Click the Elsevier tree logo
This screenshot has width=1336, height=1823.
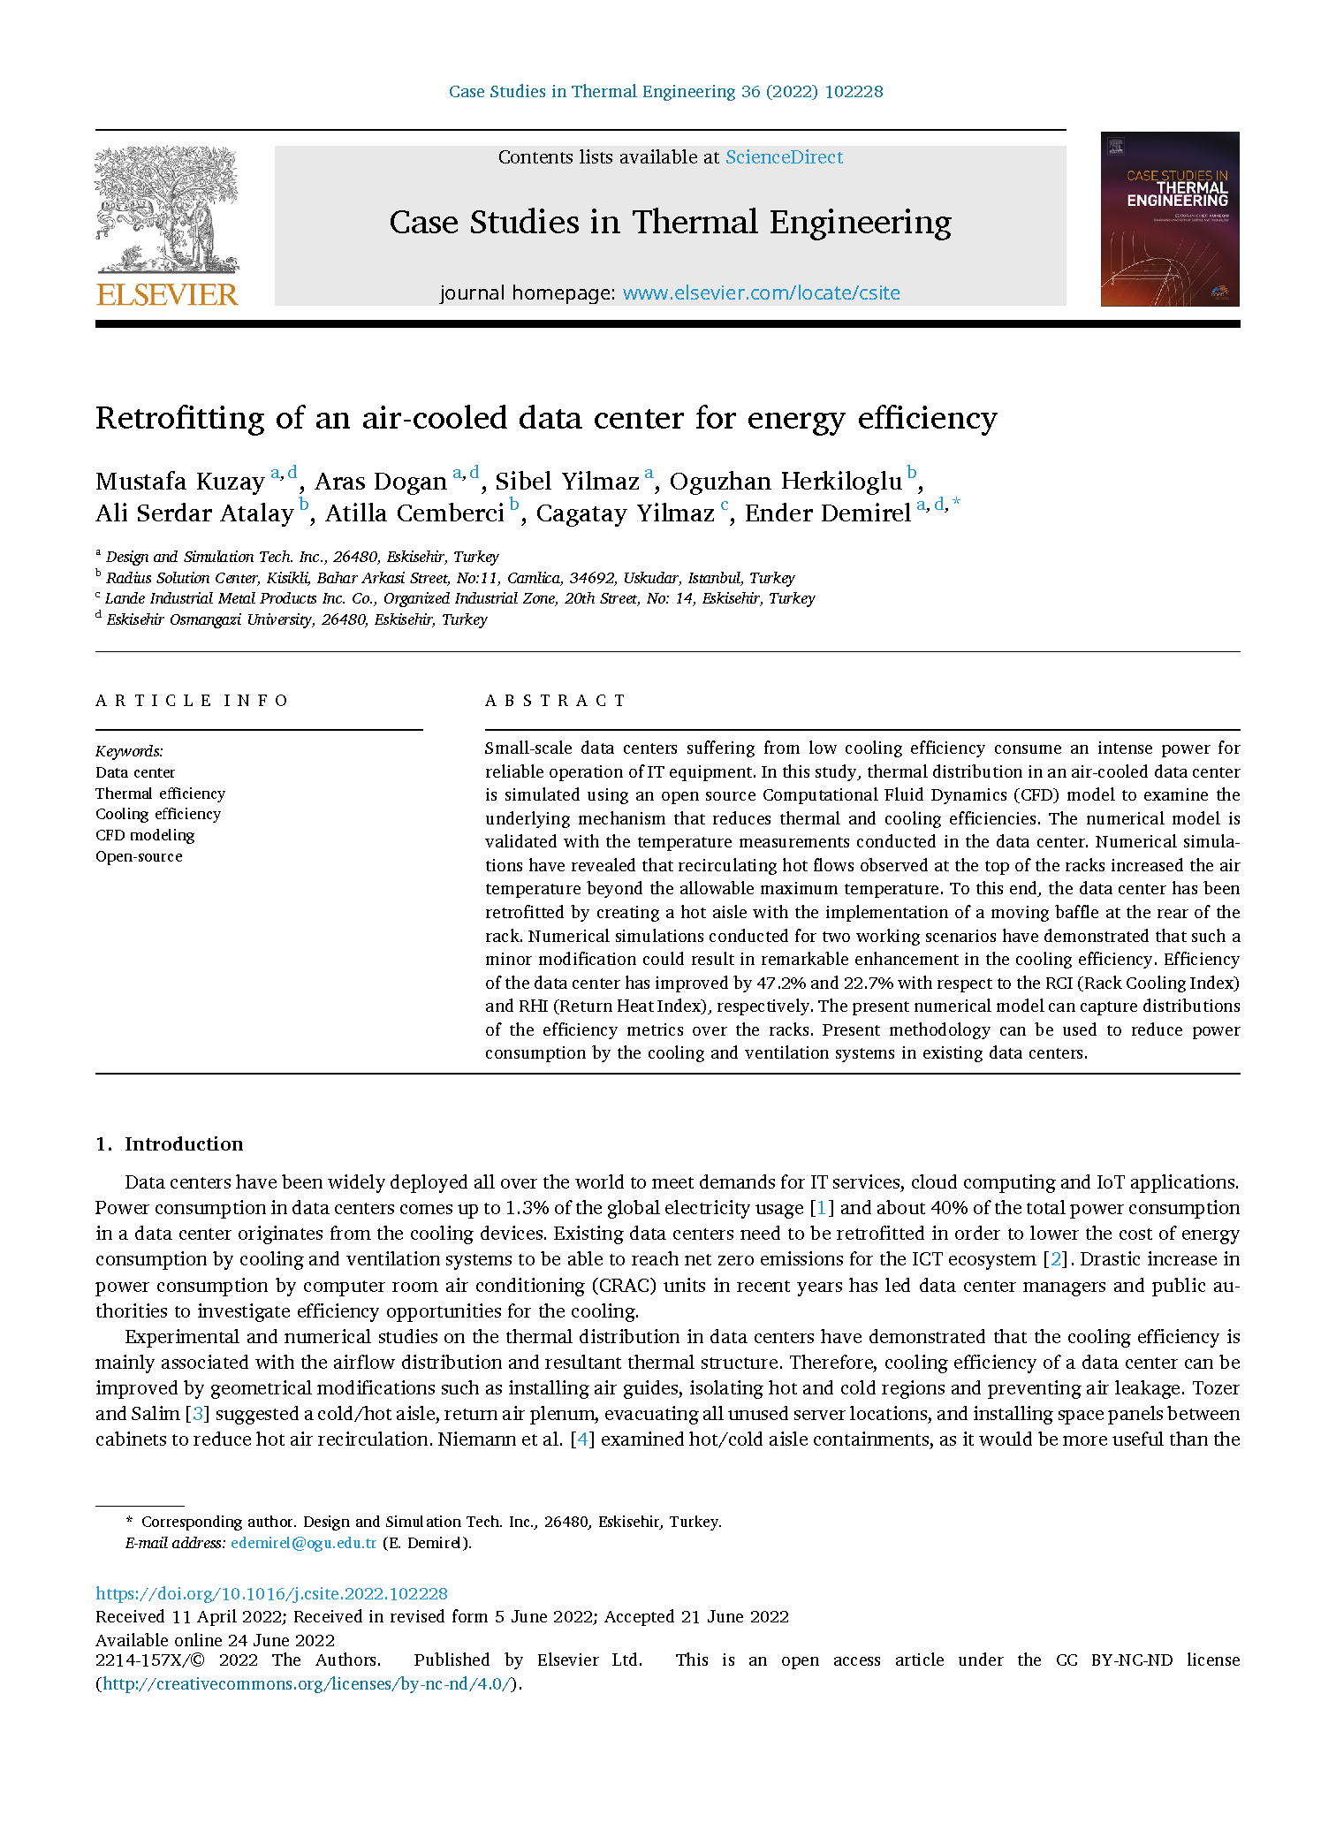(x=167, y=209)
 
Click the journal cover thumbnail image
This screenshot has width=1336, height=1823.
(x=1169, y=219)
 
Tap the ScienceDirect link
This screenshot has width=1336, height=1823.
(x=784, y=157)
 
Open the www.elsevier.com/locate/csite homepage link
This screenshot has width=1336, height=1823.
(x=761, y=293)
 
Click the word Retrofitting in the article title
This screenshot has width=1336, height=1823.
(x=179, y=418)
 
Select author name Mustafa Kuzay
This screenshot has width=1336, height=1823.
(x=180, y=482)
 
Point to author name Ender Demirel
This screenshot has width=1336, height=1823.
(x=827, y=513)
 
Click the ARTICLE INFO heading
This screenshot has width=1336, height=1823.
(x=192, y=701)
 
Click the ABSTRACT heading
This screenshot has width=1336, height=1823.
(x=556, y=701)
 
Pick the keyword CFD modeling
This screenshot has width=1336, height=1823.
(x=145, y=835)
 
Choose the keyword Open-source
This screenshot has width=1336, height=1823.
(x=139, y=856)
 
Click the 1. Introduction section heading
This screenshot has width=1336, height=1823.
(x=170, y=1144)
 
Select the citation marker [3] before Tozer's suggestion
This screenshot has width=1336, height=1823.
(x=197, y=1414)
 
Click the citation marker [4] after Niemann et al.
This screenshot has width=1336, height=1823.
(x=582, y=1439)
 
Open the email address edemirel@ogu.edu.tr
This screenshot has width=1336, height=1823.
(x=303, y=1543)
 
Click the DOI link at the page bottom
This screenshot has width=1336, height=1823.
(x=271, y=1593)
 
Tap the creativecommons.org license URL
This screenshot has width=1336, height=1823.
(x=308, y=1683)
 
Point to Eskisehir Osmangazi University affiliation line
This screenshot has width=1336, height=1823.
(x=296, y=619)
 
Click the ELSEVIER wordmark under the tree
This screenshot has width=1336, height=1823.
(x=167, y=294)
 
